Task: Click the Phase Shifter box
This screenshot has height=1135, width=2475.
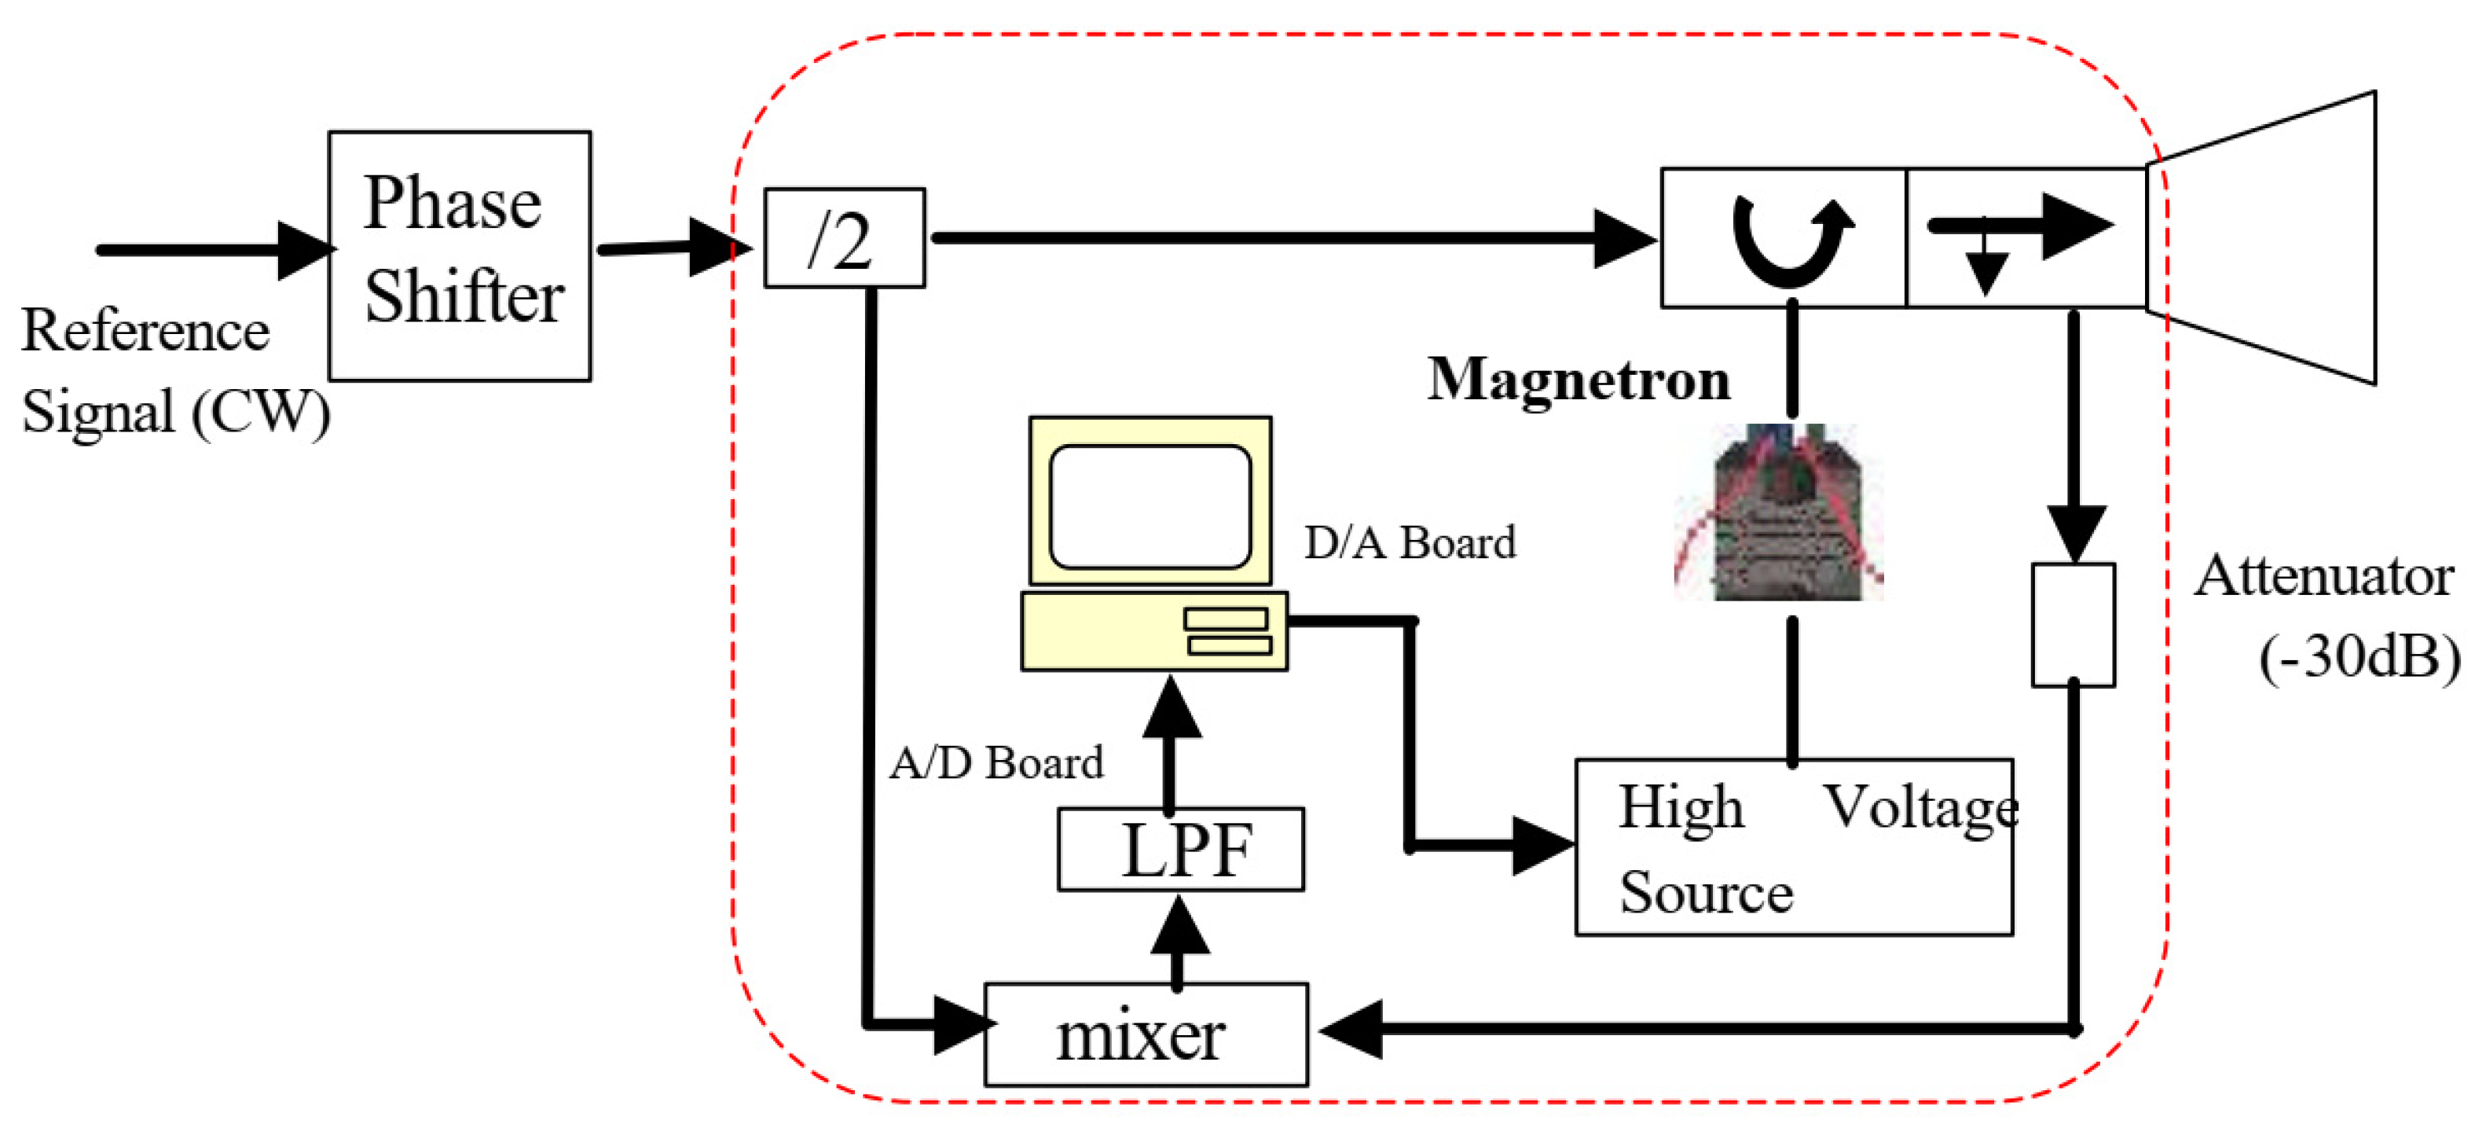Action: pyautogui.click(x=460, y=255)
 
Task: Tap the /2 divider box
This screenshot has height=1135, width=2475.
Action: pyautogui.click(x=844, y=237)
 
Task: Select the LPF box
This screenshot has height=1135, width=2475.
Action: pyautogui.click(x=1180, y=850)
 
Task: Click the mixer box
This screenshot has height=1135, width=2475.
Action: pyautogui.click(x=1146, y=1034)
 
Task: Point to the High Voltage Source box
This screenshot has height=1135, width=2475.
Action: pyautogui.click(x=1793, y=847)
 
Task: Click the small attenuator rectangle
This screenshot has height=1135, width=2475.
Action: pyautogui.click(x=2073, y=625)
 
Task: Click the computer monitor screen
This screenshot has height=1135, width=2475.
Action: pyautogui.click(x=1150, y=506)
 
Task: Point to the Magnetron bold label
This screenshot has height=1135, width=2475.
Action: pyautogui.click(x=1578, y=380)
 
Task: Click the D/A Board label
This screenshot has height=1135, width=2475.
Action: pyautogui.click(x=1409, y=543)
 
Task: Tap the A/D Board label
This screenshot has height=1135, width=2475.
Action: pyautogui.click(x=995, y=763)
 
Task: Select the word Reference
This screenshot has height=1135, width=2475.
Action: pyautogui.click(x=145, y=332)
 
